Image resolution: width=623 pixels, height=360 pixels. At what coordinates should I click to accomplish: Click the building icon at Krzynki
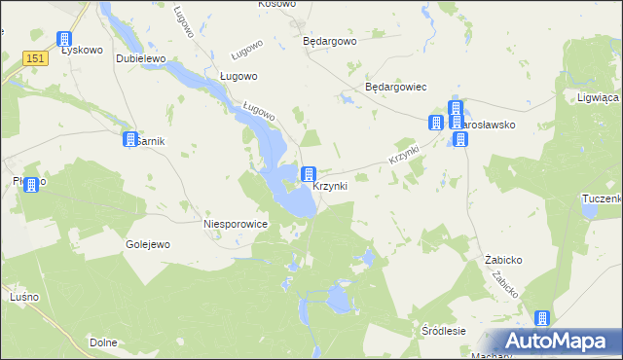(309, 174)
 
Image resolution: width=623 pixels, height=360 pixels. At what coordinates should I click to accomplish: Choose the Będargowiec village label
(396, 87)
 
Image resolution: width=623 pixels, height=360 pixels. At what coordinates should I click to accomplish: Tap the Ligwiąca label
(599, 98)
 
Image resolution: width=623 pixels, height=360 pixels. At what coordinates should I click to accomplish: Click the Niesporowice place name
(235, 224)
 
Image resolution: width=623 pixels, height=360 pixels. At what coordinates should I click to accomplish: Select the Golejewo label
(148, 244)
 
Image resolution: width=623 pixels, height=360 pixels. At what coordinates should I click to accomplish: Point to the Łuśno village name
(22, 296)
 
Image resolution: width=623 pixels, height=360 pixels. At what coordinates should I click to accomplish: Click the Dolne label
(103, 342)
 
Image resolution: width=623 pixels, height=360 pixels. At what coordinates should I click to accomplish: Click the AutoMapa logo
(555, 341)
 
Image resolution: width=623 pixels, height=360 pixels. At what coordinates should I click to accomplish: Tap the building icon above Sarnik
(129, 140)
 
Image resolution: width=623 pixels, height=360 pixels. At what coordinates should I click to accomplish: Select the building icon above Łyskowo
(64, 40)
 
